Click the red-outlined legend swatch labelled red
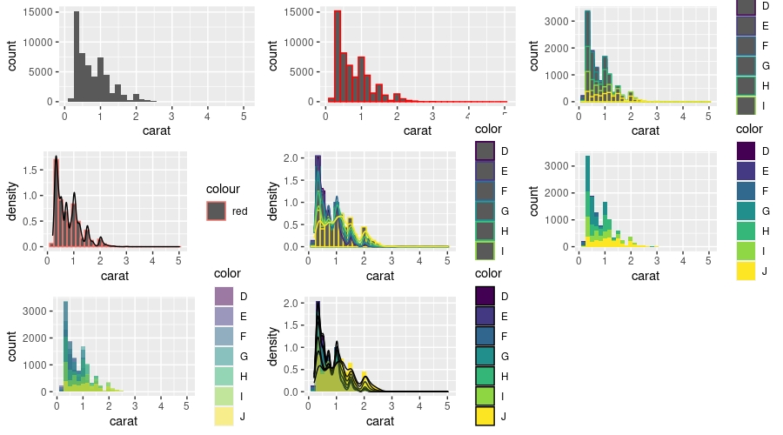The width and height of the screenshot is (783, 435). (216, 211)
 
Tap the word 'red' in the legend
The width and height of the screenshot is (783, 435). (241, 211)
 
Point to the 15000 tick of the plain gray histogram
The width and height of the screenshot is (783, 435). (43, 13)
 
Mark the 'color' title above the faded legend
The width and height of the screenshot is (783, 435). (226, 275)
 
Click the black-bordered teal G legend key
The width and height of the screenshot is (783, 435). (485, 357)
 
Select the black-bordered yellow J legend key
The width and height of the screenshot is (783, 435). (485, 417)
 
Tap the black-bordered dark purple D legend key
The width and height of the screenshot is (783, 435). (485, 297)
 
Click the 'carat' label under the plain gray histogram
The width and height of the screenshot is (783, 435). (157, 131)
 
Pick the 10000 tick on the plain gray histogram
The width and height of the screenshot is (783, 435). (43, 43)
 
